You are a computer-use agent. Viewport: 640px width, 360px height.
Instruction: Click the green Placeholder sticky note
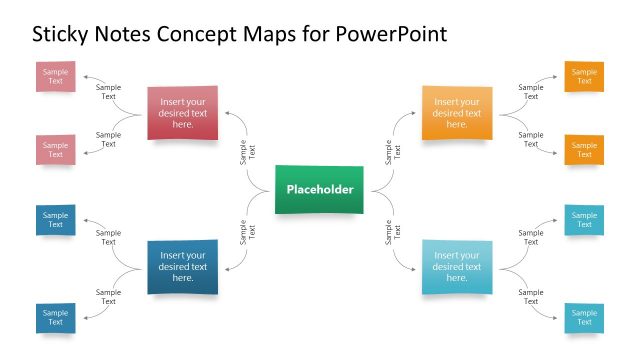pyautogui.click(x=320, y=190)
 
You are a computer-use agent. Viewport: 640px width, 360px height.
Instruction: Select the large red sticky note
pyautogui.click(x=182, y=113)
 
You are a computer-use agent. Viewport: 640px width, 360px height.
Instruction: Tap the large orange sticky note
pyautogui.click(x=457, y=113)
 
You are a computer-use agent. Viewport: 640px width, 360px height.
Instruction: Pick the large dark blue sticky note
pyautogui.click(x=182, y=266)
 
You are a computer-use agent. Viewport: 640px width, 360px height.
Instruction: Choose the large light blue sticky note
pyautogui.click(x=457, y=266)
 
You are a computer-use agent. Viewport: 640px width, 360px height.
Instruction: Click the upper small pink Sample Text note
pyautogui.click(x=56, y=77)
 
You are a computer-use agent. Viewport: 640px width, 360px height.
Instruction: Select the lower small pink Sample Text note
pyautogui.click(x=56, y=149)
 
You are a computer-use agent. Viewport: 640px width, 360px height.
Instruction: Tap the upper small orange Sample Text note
pyautogui.click(x=584, y=77)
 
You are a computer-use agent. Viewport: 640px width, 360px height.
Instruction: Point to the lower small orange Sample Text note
pyautogui.click(x=584, y=149)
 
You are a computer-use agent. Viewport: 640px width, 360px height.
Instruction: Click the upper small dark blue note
pyautogui.click(x=56, y=220)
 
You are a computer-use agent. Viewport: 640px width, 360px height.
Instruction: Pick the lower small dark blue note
pyautogui.click(x=56, y=317)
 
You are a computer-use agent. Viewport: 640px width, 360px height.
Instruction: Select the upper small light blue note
pyautogui.click(x=584, y=220)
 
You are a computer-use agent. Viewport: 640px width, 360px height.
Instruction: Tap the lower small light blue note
pyautogui.click(x=584, y=317)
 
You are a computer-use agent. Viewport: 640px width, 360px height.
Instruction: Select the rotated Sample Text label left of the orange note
pyautogui.click(x=392, y=152)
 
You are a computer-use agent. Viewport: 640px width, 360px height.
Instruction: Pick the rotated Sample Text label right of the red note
pyautogui.click(x=247, y=152)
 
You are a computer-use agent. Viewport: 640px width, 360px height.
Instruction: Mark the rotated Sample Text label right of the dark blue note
pyautogui.click(x=247, y=232)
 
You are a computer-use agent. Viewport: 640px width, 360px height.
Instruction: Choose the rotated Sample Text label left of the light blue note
pyautogui.click(x=392, y=232)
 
